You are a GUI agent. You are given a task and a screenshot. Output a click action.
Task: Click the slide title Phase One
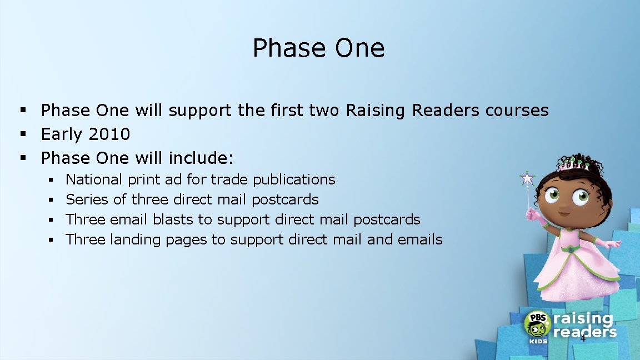click(318, 48)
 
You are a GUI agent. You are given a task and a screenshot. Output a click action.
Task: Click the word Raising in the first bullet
click(376, 111)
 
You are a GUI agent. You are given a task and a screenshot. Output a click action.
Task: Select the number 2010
click(112, 134)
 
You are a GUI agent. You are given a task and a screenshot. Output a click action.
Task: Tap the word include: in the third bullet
click(201, 158)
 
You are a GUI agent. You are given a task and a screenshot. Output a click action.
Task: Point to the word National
click(94, 179)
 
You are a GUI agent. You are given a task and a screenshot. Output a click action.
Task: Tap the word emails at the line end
click(420, 239)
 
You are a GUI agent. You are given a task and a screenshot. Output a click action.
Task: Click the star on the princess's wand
click(527, 179)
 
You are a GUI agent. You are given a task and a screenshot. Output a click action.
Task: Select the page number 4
click(583, 338)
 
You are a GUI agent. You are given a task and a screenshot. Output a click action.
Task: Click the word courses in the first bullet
click(517, 111)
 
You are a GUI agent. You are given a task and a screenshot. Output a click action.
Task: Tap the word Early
click(62, 134)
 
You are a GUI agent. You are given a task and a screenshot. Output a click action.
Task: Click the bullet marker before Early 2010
click(23, 134)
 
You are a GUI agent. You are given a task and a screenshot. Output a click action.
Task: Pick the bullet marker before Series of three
click(50, 199)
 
